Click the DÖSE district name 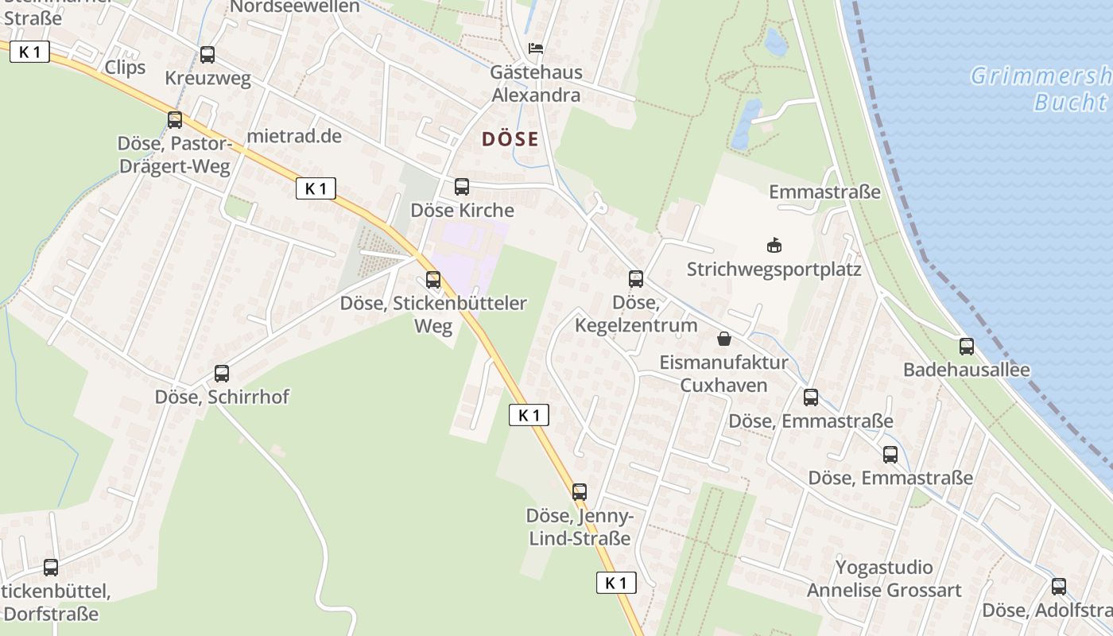(x=510, y=140)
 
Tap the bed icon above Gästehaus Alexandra (x=537, y=48)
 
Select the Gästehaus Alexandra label (x=536, y=83)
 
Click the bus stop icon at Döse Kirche (x=462, y=187)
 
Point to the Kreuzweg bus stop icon (x=207, y=55)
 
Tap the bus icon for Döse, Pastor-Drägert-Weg (x=175, y=120)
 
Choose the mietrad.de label (x=294, y=136)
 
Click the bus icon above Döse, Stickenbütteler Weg (x=433, y=280)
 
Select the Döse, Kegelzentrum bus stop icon (x=636, y=279)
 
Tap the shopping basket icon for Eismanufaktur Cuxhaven (x=724, y=339)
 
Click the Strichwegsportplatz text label (x=774, y=270)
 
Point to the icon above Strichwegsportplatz (x=774, y=246)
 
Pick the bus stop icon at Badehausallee (x=967, y=347)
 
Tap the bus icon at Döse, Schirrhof (x=222, y=374)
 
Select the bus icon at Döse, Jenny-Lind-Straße (x=580, y=492)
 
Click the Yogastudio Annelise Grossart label (x=884, y=579)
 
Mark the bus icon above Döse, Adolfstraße (x=1059, y=587)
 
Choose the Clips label (x=126, y=67)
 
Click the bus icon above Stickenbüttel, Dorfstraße (x=51, y=568)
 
